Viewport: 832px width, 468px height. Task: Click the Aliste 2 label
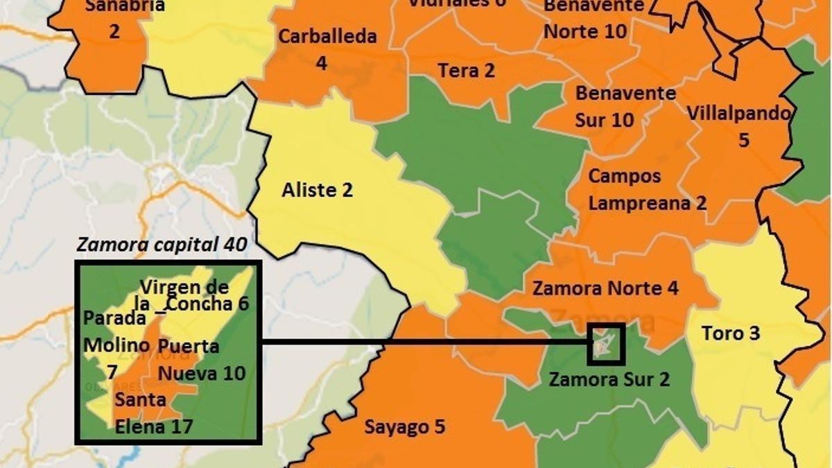click(x=317, y=190)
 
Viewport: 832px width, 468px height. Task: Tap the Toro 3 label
click(x=731, y=333)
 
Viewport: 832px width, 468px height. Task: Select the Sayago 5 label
click(x=405, y=427)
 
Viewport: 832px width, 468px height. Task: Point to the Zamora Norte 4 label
click(x=605, y=288)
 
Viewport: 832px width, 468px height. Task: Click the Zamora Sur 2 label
click(x=609, y=379)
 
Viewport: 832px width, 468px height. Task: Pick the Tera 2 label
click(x=466, y=71)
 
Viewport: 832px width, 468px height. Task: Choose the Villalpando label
click(x=739, y=113)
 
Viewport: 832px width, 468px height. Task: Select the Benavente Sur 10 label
click(x=616, y=106)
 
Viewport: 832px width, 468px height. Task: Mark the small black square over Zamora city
click(x=606, y=344)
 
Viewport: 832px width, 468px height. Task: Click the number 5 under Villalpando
click(x=743, y=140)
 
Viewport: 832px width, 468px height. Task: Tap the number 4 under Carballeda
click(x=321, y=63)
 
